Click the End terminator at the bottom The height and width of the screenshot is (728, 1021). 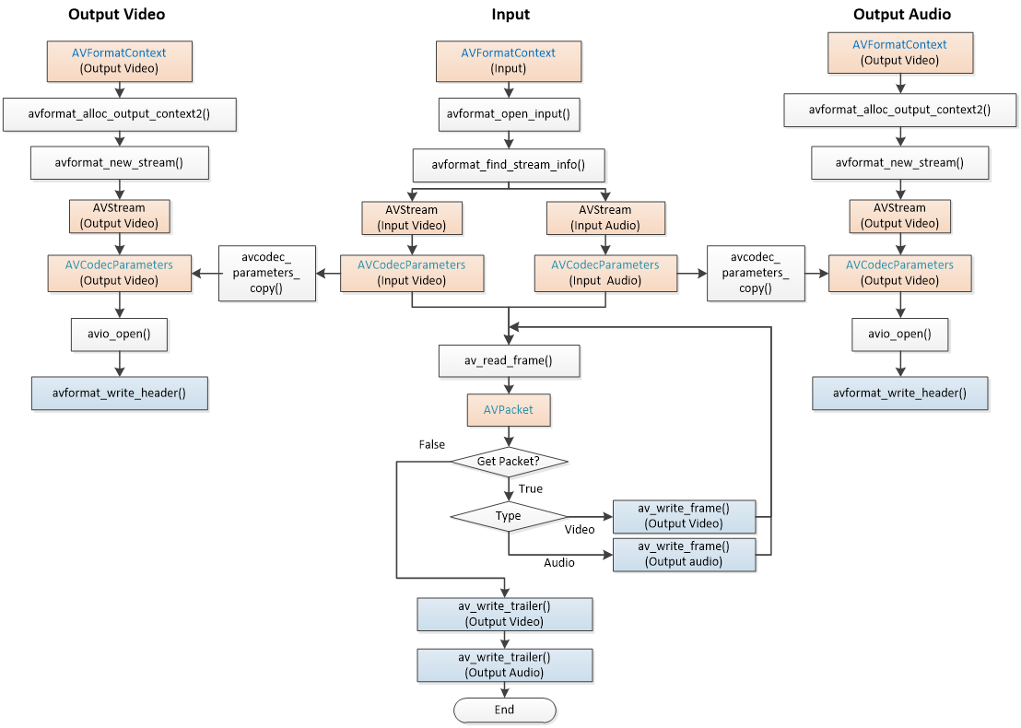[504, 710]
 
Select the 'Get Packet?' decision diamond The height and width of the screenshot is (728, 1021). [509, 462]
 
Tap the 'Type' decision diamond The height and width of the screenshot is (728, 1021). [509, 516]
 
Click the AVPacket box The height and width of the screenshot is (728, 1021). [509, 410]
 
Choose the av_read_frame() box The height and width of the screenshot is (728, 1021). [509, 361]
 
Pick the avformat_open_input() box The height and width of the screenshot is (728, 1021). [509, 114]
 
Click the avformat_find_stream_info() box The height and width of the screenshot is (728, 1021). [509, 167]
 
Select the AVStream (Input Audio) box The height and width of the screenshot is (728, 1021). [605, 217]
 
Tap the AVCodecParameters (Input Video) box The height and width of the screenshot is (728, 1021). [412, 273]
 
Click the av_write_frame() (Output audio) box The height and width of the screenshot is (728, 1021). [684, 554]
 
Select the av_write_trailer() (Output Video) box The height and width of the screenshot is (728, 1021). [504, 614]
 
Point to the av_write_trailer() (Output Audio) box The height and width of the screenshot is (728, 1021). [504, 665]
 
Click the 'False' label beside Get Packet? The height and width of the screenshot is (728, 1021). [431, 444]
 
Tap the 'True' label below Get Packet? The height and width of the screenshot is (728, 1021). [531, 488]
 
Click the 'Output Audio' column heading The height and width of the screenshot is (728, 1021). [901, 14]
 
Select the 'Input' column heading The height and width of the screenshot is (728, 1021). [510, 14]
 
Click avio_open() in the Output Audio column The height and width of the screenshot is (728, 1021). [899, 335]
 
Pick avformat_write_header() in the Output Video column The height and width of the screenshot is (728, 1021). [119, 393]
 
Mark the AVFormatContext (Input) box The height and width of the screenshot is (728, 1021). [509, 61]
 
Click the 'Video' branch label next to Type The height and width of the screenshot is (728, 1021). [580, 529]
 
